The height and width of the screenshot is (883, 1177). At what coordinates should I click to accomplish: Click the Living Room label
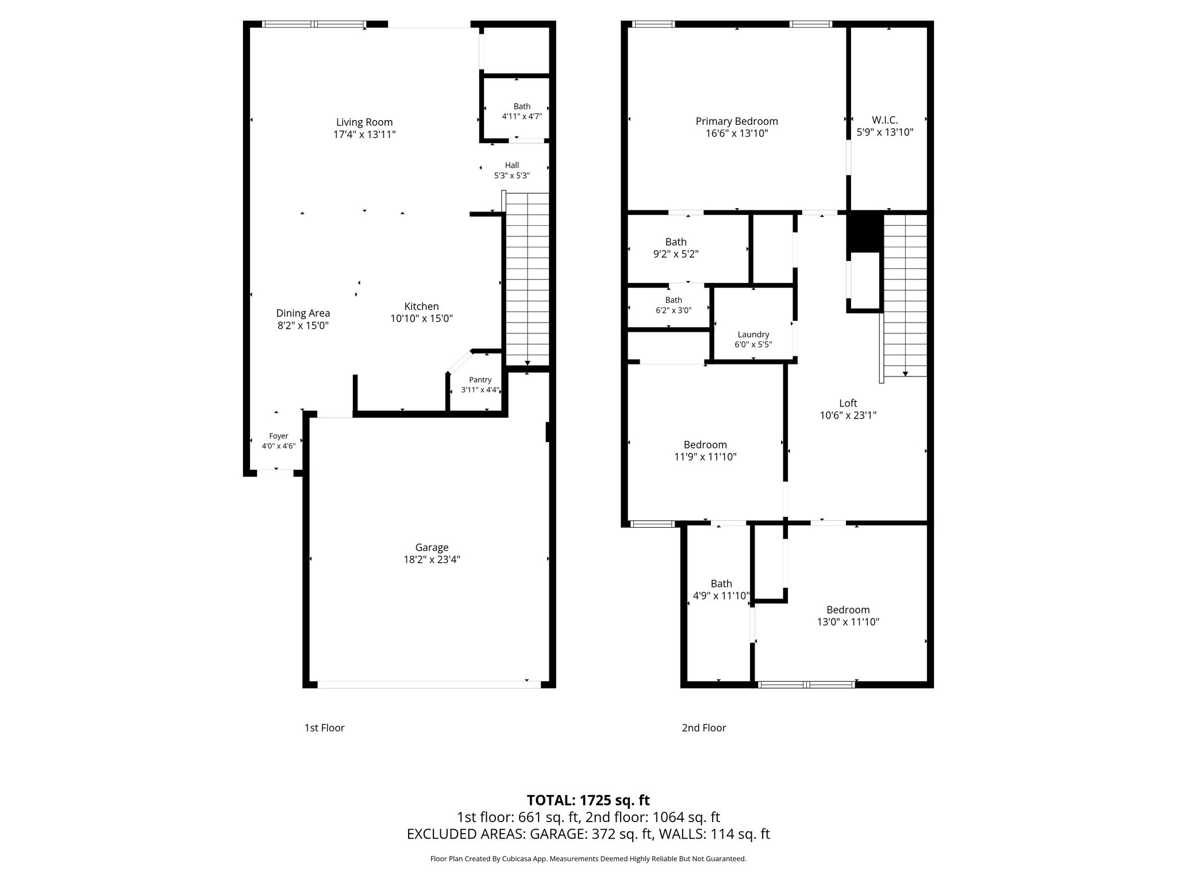pos(364,122)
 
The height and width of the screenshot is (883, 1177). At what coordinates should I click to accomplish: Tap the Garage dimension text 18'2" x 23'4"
pos(432,559)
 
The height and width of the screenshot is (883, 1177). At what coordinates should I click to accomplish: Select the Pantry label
pos(480,379)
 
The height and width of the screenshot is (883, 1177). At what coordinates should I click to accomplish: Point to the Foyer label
pos(279,436)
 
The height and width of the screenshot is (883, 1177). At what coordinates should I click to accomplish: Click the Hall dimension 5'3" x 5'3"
pos(512,175)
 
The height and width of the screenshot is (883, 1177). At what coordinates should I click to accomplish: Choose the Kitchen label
pos(421,306)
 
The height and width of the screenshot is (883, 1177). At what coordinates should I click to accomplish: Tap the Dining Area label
pos(303,313)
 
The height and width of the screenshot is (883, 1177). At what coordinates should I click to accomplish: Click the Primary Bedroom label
pos(737,121)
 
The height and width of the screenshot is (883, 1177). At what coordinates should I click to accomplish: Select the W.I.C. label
pos(885,120)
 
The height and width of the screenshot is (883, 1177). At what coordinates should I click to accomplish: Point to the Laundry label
pos(753,335)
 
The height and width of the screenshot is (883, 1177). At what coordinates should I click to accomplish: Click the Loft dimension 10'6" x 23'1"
pos(848,415)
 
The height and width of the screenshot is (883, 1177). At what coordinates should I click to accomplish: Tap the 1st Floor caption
pos(324,728)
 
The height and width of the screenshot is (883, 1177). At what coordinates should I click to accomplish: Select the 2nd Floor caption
pos(704,728)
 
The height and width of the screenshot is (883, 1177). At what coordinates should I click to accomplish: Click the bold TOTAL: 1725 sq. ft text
pos(588,800)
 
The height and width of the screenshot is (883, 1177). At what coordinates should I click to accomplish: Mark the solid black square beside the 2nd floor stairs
pos(865,232)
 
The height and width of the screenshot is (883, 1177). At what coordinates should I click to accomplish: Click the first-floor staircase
pos(527,279)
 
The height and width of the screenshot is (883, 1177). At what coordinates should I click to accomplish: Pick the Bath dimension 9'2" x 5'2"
pos(676,254)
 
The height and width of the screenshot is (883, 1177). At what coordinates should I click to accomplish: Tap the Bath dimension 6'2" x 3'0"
pos(674,310)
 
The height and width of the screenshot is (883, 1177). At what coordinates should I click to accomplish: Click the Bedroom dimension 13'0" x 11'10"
pos(848,621)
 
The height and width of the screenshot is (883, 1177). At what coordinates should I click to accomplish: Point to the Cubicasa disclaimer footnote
pos(588,859)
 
